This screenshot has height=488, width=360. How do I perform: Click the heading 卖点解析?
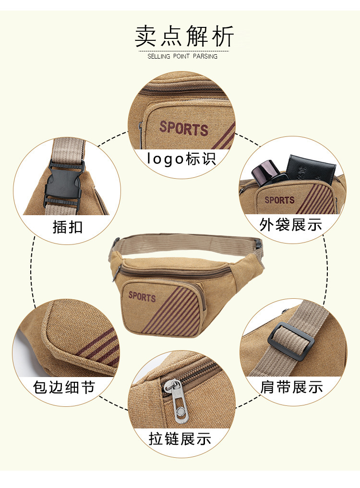[x=184, y=37]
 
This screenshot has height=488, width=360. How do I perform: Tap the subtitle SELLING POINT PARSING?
[x=182, y=56]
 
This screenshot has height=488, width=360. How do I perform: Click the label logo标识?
[x=181, y=159]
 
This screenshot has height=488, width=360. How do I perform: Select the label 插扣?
[x=68, y=227]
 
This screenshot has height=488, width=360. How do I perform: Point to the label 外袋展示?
[x=290, y=225]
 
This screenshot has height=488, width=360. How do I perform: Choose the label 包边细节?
[x=63, y=388]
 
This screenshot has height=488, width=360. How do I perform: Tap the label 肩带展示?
[x=291, y=387]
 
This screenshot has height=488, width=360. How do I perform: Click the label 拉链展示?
[x=180, y=439]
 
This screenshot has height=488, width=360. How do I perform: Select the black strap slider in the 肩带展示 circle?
[x=291, y=342]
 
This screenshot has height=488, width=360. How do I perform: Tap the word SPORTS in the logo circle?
[x=183, y=129]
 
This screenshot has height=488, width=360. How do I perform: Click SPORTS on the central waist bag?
[x=142, y=297]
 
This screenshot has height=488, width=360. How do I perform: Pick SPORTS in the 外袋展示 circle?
[x=279, y=200]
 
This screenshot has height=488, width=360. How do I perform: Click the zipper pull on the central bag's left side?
[x=117, y=273]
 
